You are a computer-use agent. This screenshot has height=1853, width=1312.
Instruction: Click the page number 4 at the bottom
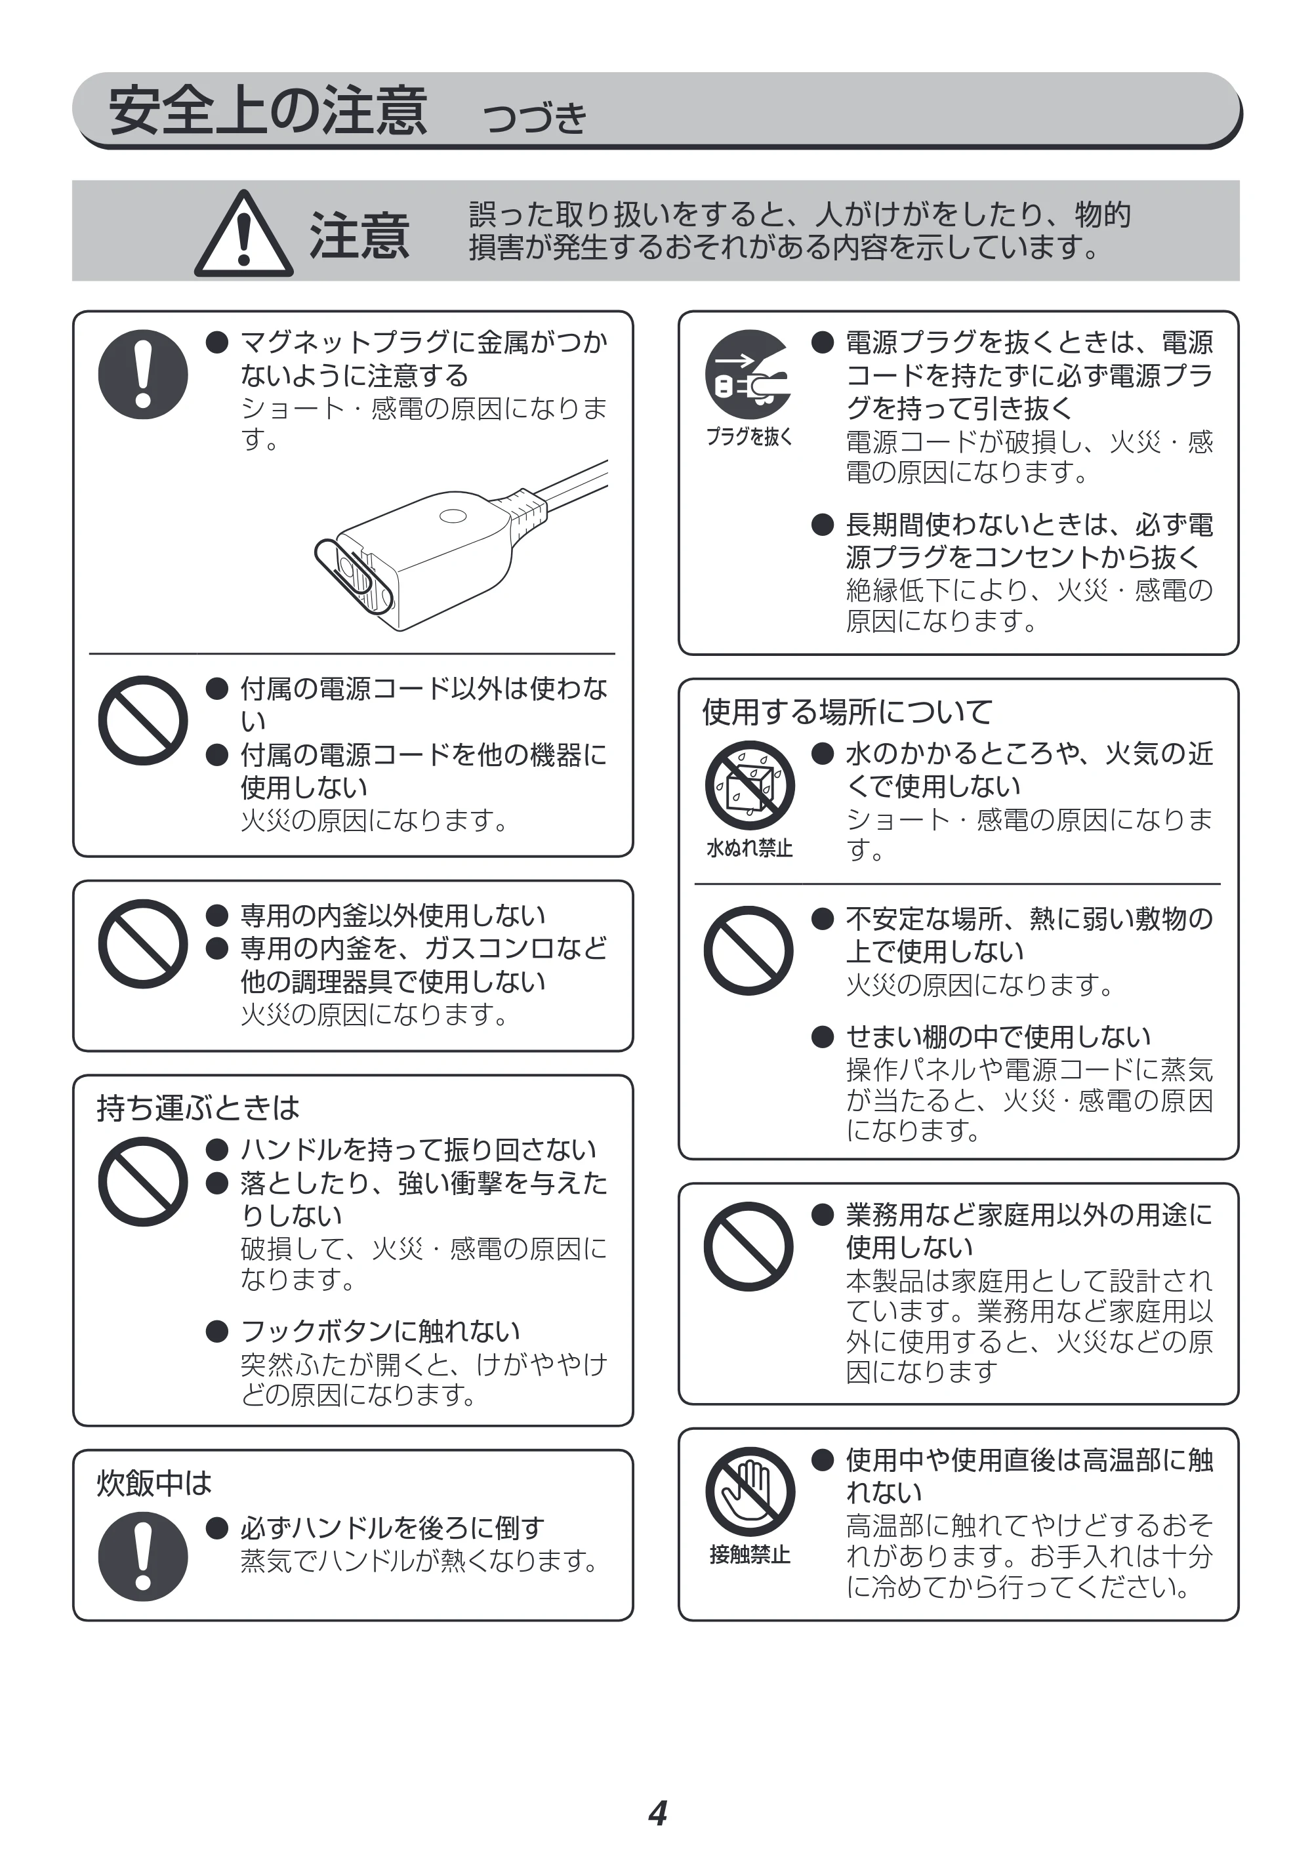pos(657,1814)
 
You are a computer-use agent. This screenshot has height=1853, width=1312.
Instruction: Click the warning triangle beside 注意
pos(243,234)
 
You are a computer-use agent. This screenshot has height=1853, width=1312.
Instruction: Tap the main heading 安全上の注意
pos(268,111)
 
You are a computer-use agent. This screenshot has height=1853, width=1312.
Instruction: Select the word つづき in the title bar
pos(534,118)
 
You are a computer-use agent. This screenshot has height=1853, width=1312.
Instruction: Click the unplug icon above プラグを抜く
pos(749,374)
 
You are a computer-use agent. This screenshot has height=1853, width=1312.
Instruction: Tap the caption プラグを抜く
pos(749,437)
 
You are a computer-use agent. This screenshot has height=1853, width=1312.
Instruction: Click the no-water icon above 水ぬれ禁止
pos(749,784)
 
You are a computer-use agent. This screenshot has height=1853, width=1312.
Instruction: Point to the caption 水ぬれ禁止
pos(749,848)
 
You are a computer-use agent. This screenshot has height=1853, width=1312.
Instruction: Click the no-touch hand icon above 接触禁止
pos(749,1491)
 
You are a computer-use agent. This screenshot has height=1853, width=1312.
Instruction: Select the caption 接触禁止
pos(749,1555)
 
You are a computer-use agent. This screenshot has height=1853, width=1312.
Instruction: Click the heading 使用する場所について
pos(847,712)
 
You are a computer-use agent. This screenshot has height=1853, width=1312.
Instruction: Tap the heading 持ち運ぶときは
pos(198,1107)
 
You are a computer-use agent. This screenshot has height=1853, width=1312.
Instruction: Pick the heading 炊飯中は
pos(154,1483)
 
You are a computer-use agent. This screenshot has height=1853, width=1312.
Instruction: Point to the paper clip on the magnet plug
pos(354,576)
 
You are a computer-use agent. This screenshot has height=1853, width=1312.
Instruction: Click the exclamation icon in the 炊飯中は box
pos(143,1557)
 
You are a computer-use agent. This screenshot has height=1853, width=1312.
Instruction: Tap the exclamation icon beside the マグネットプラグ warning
pos(143,374)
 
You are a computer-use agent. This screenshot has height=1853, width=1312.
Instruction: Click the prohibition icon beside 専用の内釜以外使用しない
pos(143,943)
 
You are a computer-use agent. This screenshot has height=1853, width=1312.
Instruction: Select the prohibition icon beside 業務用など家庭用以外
pos(749,1246)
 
